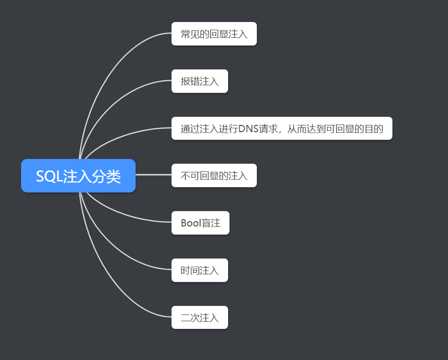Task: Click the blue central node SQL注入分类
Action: click(78, 176)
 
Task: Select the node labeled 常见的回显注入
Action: click(214, 34)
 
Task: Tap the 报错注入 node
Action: click(199, 81)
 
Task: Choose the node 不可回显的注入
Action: click(214, 176)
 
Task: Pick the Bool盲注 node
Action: click(200, 223)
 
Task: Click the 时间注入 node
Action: click(199, 270)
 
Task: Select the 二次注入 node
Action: click(199, 317)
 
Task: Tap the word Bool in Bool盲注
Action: click(191, 223)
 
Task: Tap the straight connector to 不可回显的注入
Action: click(153, 175)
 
